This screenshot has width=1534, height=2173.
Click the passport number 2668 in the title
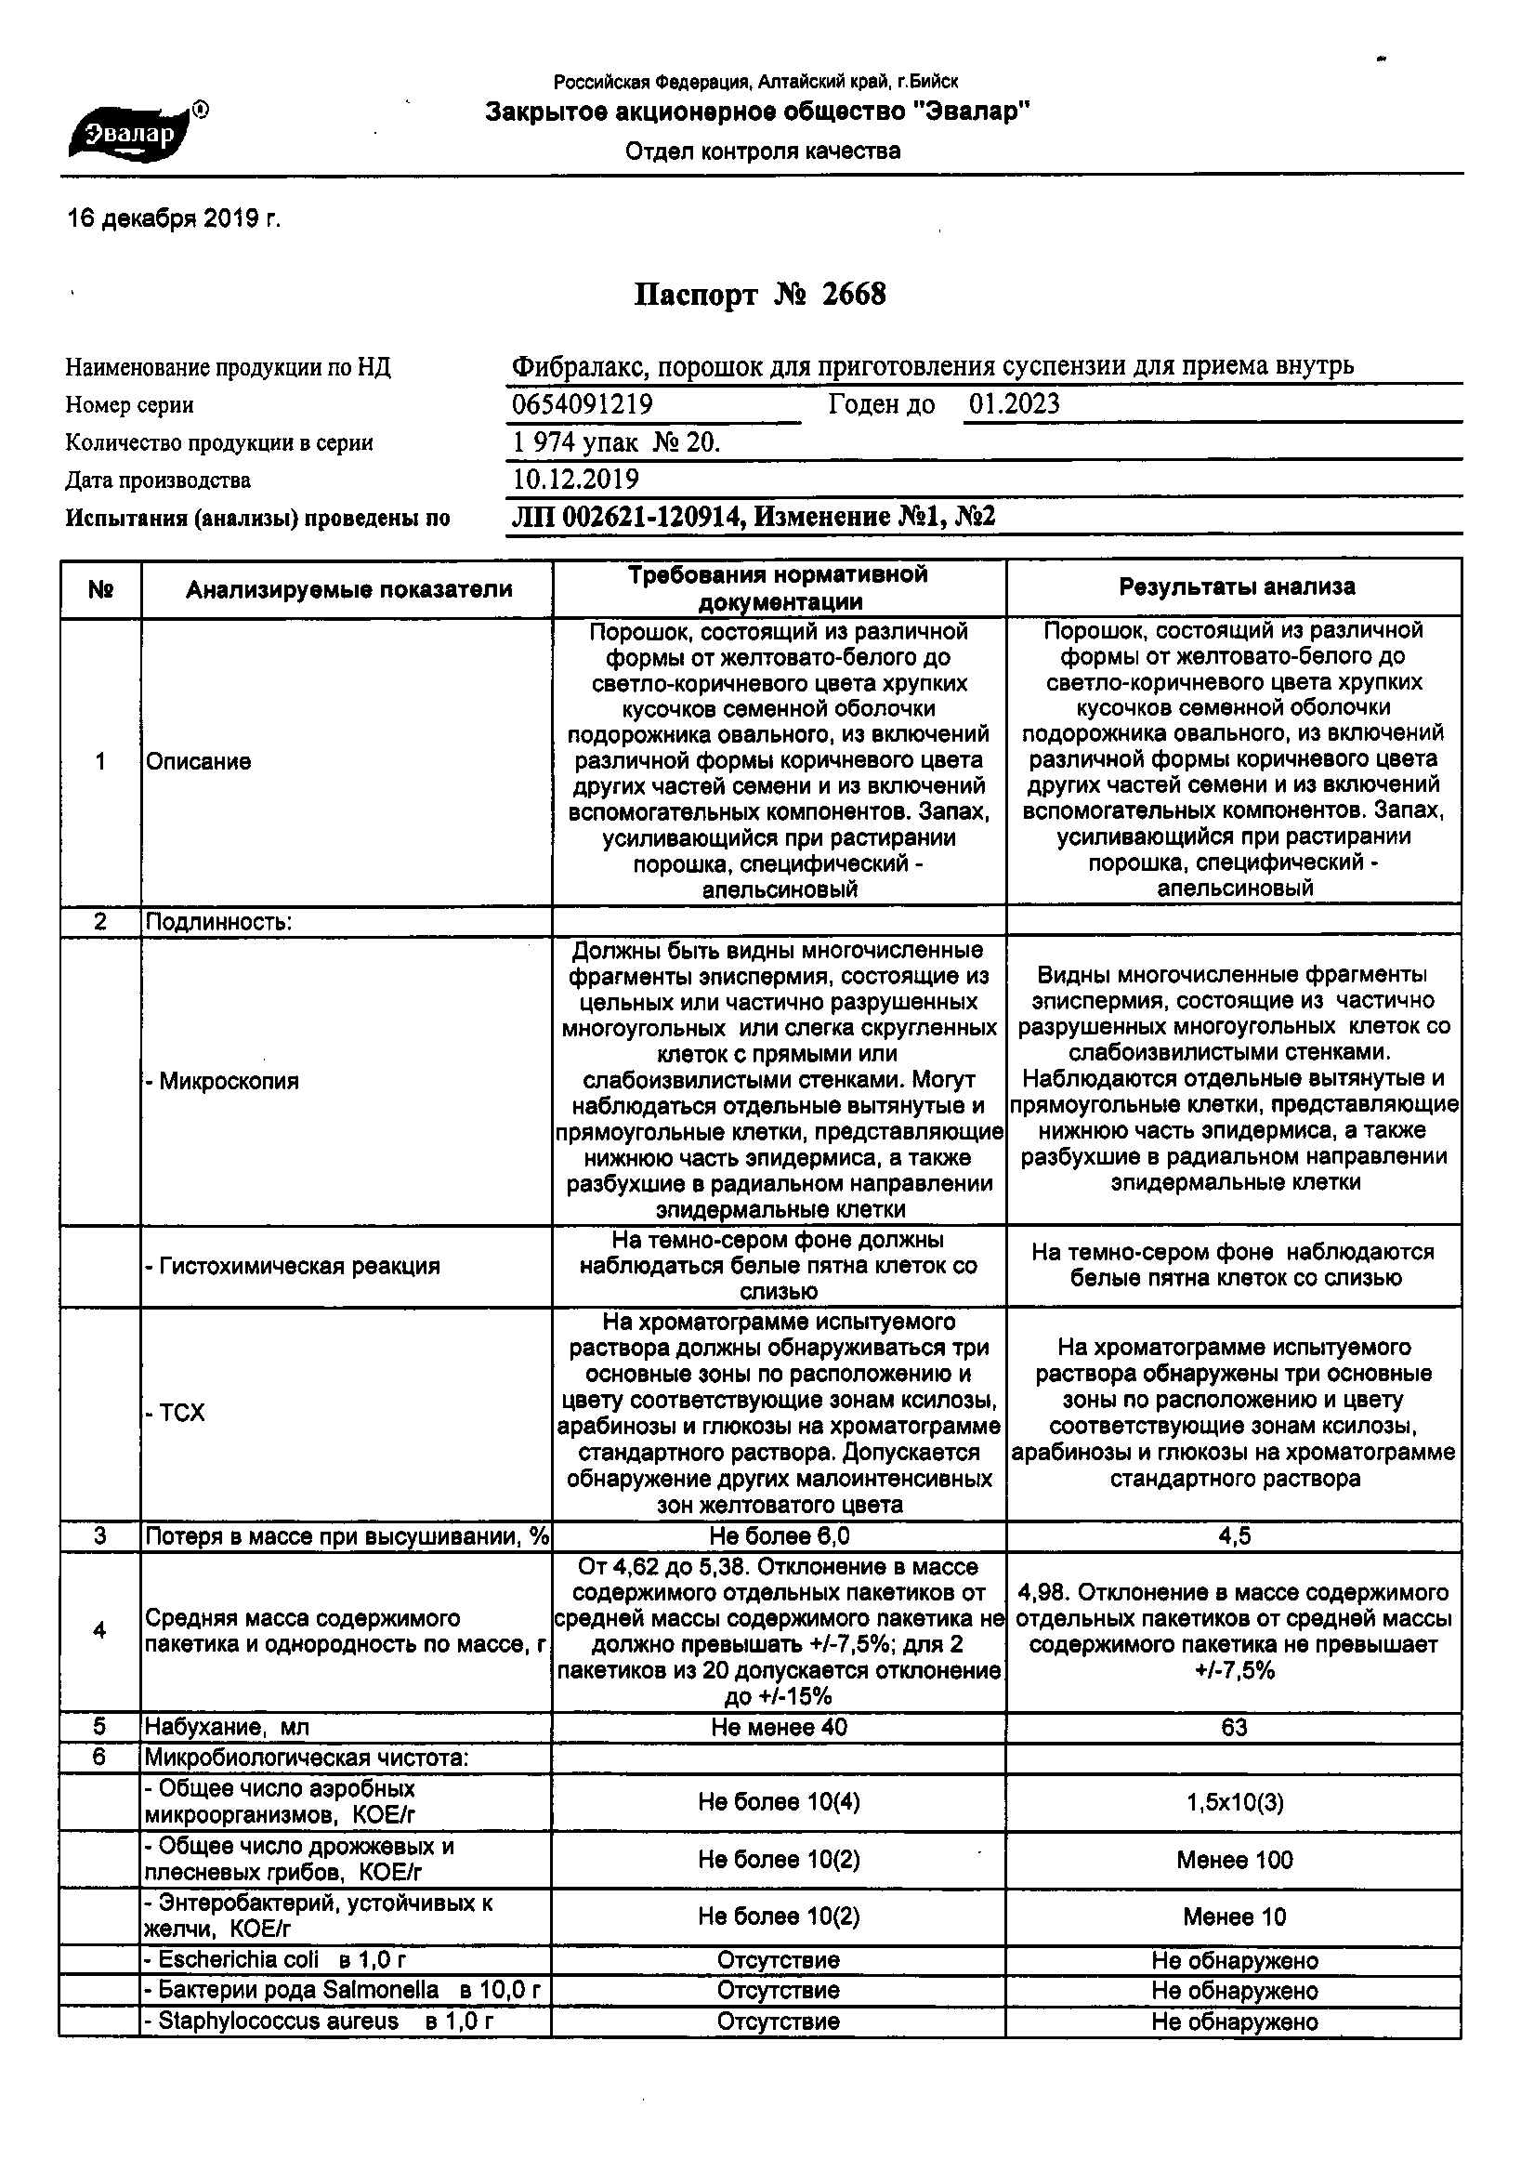[854, 296]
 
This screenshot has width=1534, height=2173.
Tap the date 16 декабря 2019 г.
[174, 219]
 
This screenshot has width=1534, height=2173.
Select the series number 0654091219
[582, 405]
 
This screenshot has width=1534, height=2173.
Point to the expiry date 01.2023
[1014, 405]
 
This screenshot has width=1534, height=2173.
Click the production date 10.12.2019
[575, 480]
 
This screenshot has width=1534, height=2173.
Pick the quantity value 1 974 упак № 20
[616, 443]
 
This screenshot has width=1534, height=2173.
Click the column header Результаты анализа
[1236, 587]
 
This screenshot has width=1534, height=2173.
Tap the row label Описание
[199, 762]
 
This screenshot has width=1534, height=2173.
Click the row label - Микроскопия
[221, 1081]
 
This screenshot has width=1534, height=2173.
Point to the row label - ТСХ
[175, 1413]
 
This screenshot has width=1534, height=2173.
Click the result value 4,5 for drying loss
[1235, 1536]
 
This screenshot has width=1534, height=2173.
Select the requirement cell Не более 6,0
[779, 1536]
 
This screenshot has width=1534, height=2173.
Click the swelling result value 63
[1234, 1727]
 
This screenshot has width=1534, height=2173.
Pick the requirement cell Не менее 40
[779, 1727]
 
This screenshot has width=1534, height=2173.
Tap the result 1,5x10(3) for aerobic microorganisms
[1235, 1802]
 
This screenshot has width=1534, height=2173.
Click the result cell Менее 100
[1234, 1860]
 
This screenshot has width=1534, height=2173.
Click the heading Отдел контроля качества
[763, 151]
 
